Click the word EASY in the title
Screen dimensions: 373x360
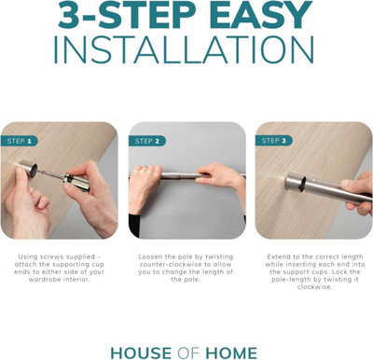pos(261,15)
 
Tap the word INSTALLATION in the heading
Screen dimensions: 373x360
pos(184,50)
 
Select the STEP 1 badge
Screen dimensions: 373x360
pos(20,141)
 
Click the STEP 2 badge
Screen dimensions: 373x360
pos(147,141)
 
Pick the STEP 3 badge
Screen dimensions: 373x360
pos(274,141)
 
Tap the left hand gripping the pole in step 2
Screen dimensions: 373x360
pos(145,187)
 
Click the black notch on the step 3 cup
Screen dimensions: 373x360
pos(302,184)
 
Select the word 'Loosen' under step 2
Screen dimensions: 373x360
pos(147,256)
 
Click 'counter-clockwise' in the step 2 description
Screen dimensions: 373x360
pos(172,265)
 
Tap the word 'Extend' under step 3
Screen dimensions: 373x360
pos(276,256)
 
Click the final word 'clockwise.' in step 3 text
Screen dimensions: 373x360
pos(314,287)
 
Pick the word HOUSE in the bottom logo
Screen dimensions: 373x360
pos(141,353)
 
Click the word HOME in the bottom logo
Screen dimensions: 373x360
pos(231,353)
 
